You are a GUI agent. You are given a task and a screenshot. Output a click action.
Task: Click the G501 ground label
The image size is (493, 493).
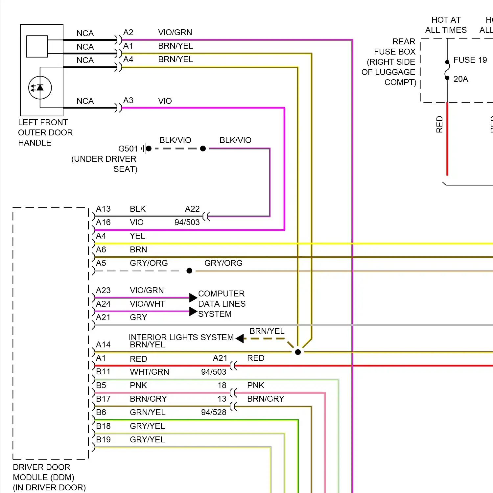128,149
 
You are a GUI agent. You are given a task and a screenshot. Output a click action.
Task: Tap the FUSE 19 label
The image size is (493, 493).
470,60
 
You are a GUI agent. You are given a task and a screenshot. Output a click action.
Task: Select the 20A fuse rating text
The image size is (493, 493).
460,79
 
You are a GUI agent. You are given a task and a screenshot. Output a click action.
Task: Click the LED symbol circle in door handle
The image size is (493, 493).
40,88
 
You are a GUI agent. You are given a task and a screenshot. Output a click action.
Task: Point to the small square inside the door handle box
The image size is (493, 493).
37,46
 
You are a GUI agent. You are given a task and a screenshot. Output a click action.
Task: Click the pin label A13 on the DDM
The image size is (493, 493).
103,209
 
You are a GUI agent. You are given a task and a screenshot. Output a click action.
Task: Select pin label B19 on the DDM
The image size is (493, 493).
103,439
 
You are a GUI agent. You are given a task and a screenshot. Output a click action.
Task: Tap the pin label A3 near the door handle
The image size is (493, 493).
128,100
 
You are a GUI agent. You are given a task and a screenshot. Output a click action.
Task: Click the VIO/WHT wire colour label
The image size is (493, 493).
147,304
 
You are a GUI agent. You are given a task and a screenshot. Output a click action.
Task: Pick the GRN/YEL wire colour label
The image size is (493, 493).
148,412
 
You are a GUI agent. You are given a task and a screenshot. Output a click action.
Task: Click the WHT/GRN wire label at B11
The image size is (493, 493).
150,372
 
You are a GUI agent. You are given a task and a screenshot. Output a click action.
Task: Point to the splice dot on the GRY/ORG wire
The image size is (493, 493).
189,271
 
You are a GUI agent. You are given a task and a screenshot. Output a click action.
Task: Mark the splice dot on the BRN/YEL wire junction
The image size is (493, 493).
298,352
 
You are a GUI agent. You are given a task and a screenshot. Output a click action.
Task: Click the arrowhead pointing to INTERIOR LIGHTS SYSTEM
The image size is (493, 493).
240,338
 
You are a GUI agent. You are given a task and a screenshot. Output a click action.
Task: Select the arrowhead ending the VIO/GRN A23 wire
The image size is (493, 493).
193,298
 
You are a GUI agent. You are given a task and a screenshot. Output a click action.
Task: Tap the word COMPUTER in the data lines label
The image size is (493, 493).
221,293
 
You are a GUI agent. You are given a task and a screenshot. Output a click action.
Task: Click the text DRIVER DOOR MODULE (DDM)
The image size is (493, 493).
43,472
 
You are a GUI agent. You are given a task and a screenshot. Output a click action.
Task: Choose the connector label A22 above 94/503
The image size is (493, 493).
192,209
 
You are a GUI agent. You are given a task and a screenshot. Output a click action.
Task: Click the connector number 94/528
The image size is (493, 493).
214,412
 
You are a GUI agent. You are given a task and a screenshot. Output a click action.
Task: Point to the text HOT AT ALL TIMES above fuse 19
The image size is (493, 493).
446,25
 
